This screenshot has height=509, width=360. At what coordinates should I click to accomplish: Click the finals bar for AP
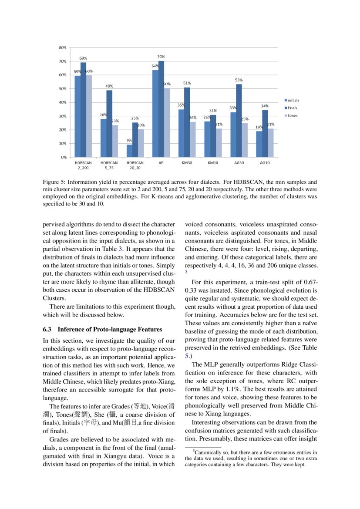[x=161, y=109]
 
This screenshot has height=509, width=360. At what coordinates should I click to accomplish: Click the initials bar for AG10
[x=259, y=144]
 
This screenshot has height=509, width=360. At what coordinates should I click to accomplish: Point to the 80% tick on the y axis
[x=63, y=47]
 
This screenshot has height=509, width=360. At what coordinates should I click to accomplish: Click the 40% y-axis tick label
[x=63, y=102]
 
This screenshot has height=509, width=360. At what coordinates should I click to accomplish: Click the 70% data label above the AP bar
[x=161, y=57]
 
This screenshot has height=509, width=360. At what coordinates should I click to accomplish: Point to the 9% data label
[x=129, y=141]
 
